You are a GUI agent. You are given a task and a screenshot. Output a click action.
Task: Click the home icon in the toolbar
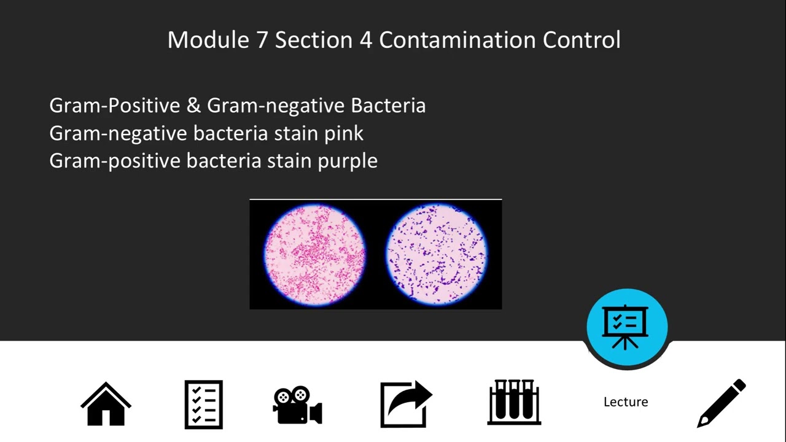click(106, 403)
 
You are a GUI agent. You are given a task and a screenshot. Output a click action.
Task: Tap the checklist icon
click(203, 405)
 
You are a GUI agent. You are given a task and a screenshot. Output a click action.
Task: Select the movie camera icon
click(297, 405)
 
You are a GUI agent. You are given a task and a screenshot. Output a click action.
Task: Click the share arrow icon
click(406, 404)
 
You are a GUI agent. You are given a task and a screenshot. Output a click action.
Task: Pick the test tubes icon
click(514, 403)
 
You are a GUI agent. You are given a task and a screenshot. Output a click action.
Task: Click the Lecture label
click(626, 402)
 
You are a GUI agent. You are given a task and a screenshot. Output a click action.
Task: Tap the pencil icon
click(722, 403)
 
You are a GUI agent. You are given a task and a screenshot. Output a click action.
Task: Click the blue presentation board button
click(627, 326)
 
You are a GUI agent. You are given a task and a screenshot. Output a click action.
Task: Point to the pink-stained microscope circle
click(314, 254)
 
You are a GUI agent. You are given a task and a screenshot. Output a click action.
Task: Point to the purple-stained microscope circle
click(437, 254)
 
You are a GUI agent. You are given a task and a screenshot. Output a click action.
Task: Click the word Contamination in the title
click(457, 40)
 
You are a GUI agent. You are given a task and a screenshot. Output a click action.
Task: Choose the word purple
click(348, 161)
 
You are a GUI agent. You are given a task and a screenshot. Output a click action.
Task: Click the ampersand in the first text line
click(193, 106)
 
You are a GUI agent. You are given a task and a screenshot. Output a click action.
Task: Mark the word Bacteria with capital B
click(388, 106)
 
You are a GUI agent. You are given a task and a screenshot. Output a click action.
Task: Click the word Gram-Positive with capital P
click(115, 106)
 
